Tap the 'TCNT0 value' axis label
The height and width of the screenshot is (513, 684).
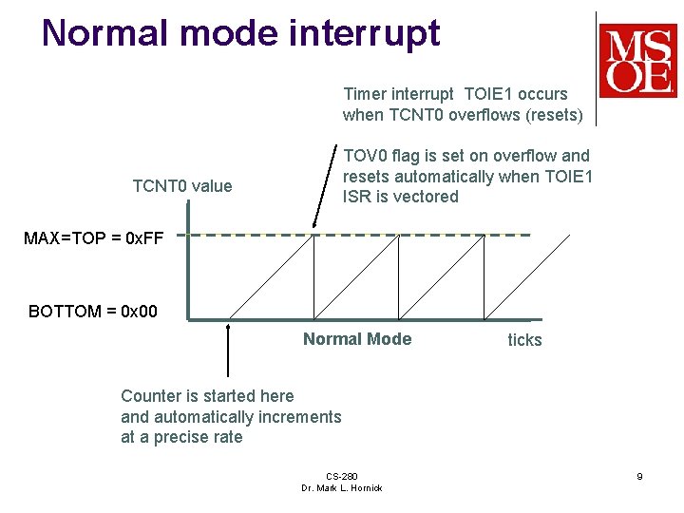181,186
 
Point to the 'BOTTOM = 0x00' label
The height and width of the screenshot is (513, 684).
93,312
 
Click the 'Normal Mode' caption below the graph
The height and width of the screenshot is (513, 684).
357,339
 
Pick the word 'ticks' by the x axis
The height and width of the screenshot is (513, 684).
524,340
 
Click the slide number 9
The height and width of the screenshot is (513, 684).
639,476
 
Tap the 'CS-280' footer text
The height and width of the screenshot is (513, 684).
341,476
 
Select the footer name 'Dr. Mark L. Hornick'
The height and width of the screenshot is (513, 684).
341,488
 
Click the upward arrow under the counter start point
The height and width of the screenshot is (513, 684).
228,351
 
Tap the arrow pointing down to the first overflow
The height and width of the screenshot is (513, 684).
325,185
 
